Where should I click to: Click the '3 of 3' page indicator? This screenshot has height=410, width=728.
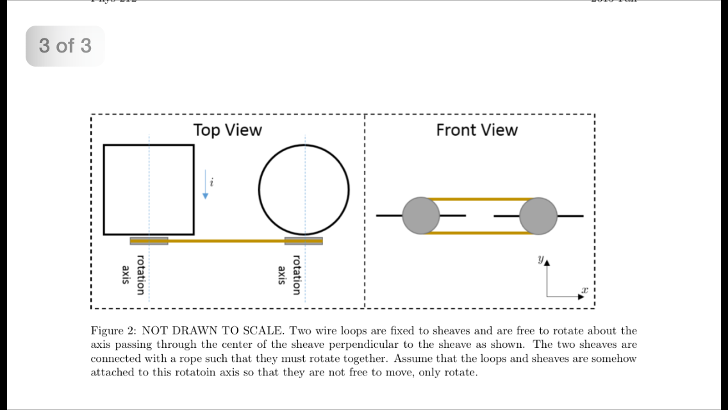point(65,46)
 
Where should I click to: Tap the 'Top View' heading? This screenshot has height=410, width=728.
point(227,130)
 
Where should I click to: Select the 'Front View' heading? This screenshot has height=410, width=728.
point(477,130)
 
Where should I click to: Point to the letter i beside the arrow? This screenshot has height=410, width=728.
point(212,183)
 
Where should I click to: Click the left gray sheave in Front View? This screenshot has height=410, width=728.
point(421,216)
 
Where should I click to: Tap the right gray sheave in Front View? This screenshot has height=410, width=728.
point(538,216)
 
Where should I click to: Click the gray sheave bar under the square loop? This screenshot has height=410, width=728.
point(149,241)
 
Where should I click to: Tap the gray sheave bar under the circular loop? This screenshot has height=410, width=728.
point(304,241)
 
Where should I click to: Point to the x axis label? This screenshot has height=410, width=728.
point(584,290)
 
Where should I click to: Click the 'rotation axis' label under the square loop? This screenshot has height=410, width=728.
point(133,275)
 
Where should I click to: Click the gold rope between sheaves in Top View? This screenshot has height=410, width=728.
point(226,241)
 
